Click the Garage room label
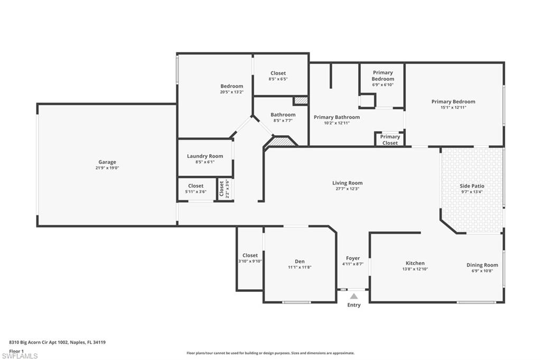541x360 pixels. click(107, 162)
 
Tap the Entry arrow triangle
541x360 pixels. click(354, 296)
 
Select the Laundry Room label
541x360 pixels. click(205, 156)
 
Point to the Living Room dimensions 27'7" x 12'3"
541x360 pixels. click(348, 188)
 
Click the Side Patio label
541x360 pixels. click(472, 186)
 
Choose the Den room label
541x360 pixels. click(300, 261)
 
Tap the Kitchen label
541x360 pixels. click(415, 263)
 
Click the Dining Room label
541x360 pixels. click(482, 265)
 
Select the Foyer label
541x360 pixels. click(353, 258)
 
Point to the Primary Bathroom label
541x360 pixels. click(337, 117)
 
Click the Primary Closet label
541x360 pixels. click(390, 140)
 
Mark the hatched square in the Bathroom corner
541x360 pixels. click(300, 101)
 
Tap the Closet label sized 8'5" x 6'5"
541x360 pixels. click(278, 73)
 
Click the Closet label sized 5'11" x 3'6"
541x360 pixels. click(195, 186)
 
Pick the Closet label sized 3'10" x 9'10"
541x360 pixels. click(250, 255)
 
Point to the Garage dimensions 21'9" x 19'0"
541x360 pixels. click(107, 168)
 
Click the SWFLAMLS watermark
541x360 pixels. click(20, 356)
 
